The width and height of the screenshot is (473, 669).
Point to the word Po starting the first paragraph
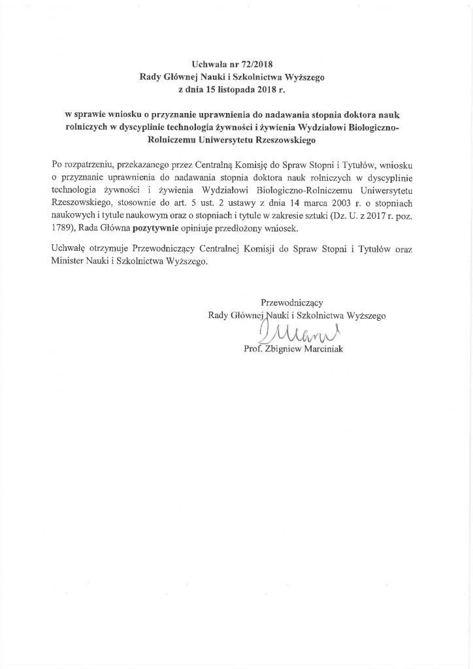point(56,166)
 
